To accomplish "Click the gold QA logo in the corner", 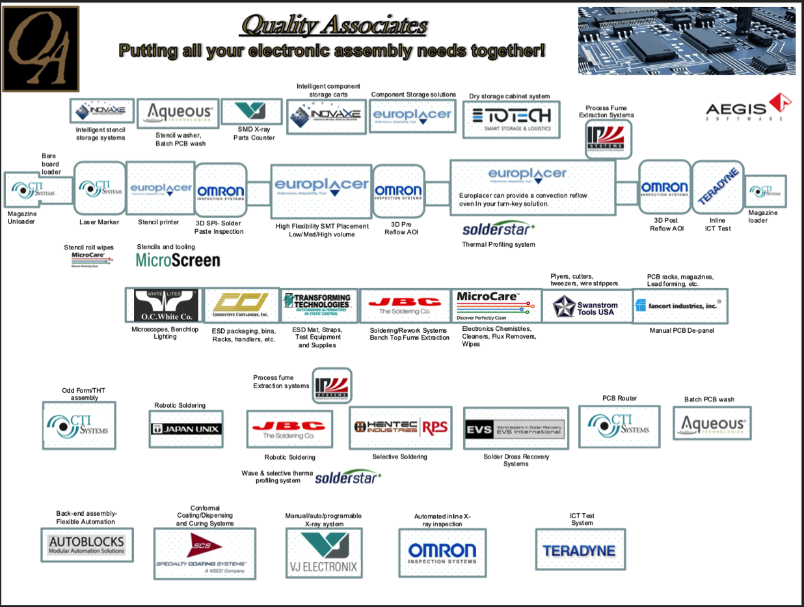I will point(41,49).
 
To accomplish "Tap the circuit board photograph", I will point(686,40).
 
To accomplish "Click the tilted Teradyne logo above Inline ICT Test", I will point(717,188).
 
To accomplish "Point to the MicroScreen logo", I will point(178,261).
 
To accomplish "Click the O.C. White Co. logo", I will point(166,305).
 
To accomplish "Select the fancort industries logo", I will point(680,305).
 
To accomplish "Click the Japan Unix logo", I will point(186,429).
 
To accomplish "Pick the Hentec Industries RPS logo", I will point(401,427).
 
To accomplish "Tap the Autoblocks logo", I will point(86,545).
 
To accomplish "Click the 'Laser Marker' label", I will point(99,222).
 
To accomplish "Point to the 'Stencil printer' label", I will point(158,222).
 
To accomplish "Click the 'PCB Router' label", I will point(619,398).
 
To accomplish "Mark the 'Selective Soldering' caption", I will point(399,457).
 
